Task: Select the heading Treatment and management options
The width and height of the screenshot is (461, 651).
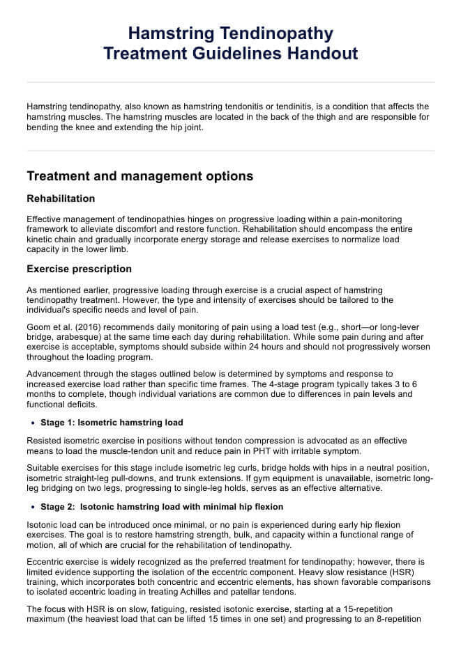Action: [139, 176]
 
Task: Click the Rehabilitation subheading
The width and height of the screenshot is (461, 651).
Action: [61, 198]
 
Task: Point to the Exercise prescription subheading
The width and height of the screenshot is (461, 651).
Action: [79, 269]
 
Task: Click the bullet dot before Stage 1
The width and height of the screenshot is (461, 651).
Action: [33, 423]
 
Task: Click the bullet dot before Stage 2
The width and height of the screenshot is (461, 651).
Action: [33, 507]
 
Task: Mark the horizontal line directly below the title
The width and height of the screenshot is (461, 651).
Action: [230, 82]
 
